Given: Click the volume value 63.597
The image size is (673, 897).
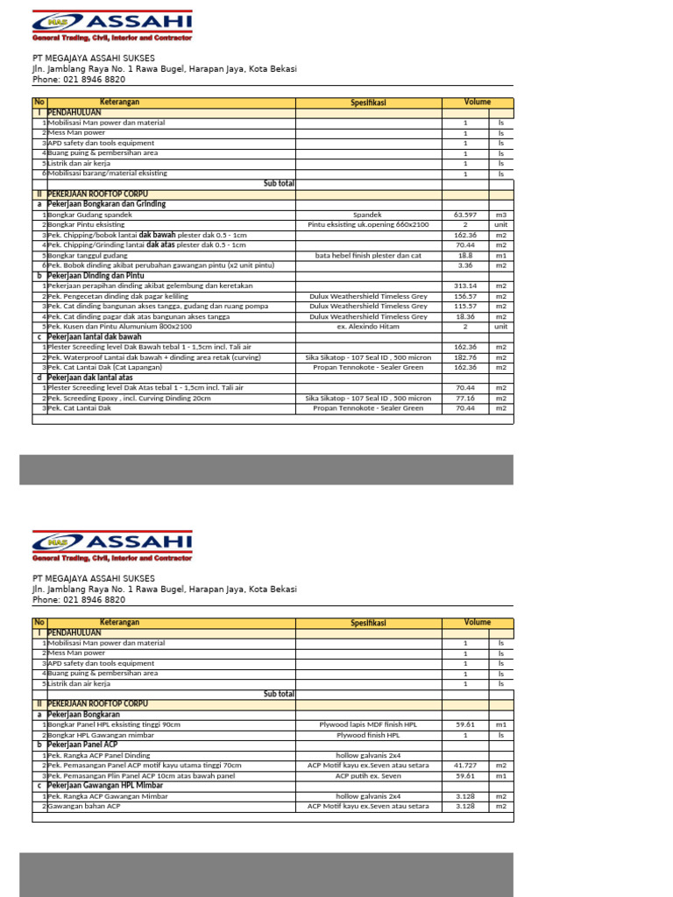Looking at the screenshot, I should point(465,215).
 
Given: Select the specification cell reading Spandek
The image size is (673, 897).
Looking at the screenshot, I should point(368,215).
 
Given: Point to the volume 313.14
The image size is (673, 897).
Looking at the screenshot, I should point(465,286).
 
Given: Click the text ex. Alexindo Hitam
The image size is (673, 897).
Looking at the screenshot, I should point(368,327).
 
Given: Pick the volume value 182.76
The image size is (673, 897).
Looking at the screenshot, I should point(465,357).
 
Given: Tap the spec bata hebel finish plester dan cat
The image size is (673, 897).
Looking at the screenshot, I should point(368,255).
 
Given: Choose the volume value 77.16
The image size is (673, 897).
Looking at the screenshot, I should point(465,398).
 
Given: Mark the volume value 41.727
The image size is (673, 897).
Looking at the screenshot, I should point(465,765).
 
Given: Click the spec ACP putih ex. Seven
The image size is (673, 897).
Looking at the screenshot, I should point(368,775).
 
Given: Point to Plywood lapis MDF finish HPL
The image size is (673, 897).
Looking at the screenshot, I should point(368,724).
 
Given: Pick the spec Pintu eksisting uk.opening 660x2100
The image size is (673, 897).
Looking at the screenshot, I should point(368,224).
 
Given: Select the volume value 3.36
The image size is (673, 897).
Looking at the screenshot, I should point(465,265).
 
